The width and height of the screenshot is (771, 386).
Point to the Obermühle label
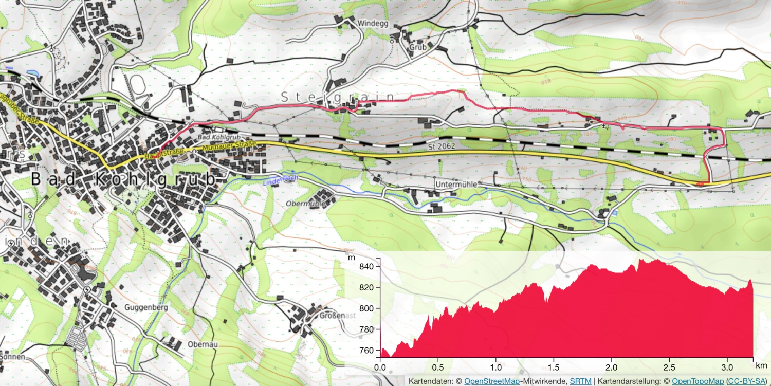306,204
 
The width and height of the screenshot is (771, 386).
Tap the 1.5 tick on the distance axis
554,367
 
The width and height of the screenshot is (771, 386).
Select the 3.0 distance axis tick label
727,367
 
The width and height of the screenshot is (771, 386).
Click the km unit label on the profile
760,365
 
